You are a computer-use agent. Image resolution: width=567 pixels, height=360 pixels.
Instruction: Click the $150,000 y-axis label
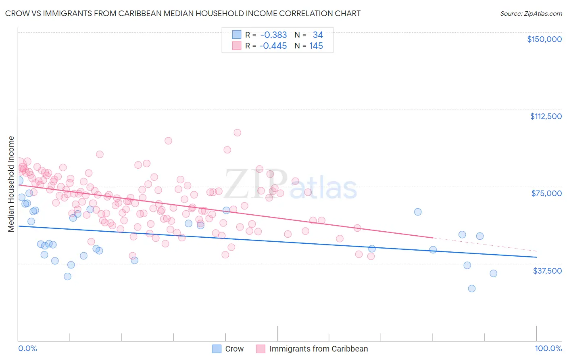point(544,39)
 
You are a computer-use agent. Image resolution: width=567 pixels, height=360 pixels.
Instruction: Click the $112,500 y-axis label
point(546,116)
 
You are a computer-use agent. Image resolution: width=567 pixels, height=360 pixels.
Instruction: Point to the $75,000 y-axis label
point(546,193)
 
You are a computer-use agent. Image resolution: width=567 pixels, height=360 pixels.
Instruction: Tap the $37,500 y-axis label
point(547,271)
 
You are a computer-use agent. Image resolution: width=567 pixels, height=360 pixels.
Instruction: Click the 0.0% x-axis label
point(27,348)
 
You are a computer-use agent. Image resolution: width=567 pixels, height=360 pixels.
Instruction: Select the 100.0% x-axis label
point(548,348)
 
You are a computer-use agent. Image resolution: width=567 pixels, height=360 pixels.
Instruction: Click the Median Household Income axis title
point(11,184)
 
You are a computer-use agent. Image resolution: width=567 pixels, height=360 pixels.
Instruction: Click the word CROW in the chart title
point(16,13)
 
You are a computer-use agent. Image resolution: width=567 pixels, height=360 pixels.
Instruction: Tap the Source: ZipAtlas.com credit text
point(531,13)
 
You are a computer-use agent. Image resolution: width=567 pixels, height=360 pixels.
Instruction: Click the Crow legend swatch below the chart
point(217,349)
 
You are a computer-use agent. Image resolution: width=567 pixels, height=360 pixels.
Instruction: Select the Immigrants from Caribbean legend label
point(319,349)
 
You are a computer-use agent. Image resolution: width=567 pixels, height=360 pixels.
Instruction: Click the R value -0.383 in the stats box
point(273,35)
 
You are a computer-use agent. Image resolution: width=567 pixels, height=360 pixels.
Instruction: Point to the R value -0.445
point(273,46)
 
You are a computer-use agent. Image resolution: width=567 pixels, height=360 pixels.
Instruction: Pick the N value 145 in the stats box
point(316,46)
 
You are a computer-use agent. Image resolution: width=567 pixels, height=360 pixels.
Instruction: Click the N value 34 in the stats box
point(318,35)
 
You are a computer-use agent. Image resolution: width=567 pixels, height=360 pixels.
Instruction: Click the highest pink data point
point(237,133)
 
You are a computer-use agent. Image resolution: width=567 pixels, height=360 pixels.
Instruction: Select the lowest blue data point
point(471,289)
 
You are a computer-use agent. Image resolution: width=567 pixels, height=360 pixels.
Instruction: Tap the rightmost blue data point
point(493,274)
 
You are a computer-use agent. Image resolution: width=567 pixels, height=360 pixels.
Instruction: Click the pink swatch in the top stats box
point(237,46)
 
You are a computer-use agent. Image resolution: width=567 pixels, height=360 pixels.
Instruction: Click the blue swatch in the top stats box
point(237,35)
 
